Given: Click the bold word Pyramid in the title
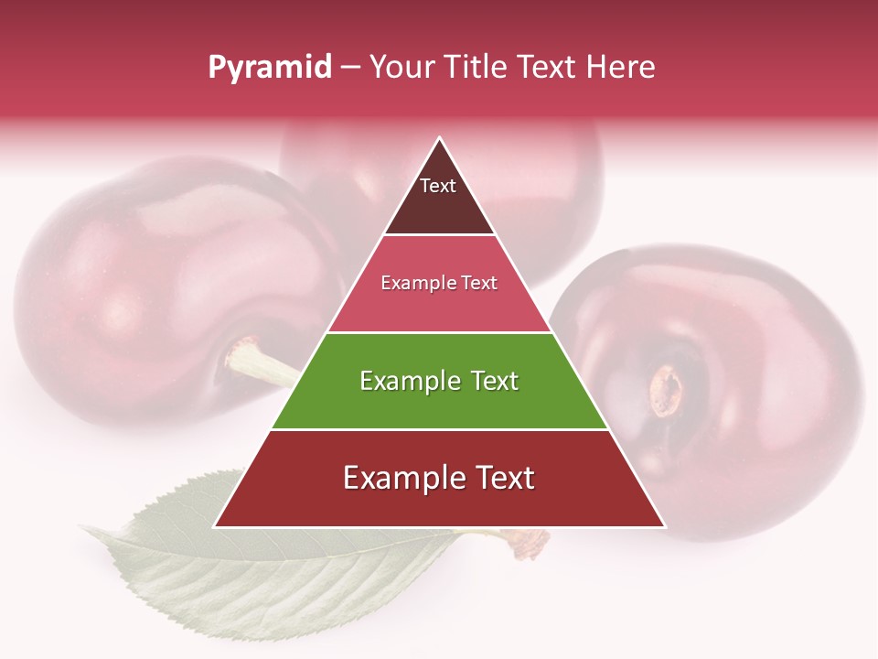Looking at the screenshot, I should pos(270,67).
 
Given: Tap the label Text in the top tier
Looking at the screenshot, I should pos(438,186).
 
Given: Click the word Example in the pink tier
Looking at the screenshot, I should pos(412,283).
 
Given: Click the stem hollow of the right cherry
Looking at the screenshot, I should pos(667,390).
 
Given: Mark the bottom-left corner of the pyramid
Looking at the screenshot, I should pos(215,527).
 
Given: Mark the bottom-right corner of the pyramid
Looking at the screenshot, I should pos(665,527).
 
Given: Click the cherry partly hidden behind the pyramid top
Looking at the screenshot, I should pos(549,183).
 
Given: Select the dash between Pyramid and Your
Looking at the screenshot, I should pos(350,67).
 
